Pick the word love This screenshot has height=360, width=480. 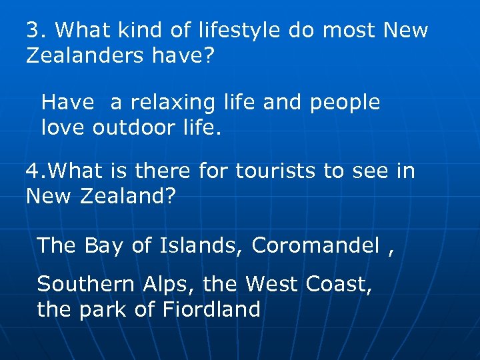pyautogui.click(x=63, y=128)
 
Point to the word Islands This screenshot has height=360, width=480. pyautogui.click(x=202, y=246)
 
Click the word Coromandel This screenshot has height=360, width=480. pyautogui.click(x=315, y=246)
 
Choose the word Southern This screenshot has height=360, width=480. pyautogui.click(x=86, y=285)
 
